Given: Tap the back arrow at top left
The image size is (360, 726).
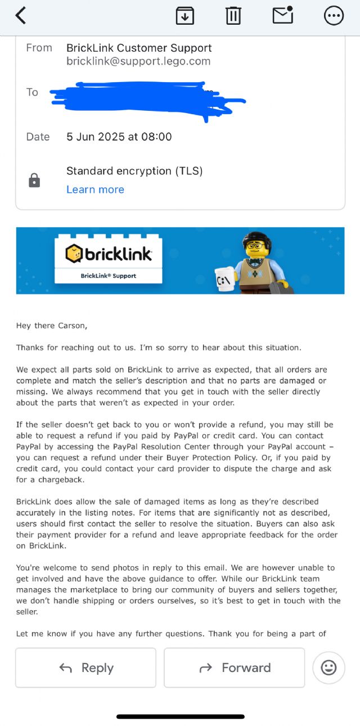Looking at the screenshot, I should pos(21,16).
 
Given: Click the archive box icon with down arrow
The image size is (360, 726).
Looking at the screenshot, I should pos(184,16).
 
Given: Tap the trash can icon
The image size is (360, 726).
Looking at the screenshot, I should pos(233,16).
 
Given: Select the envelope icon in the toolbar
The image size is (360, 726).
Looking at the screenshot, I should pos(282,15).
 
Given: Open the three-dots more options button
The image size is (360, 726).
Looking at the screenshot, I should pos(334,16).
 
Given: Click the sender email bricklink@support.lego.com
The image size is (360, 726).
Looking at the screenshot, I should pos(138,61).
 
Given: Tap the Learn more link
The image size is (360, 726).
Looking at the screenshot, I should pos(95,190).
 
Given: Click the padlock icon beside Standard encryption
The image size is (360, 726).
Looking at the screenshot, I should pos(34,181).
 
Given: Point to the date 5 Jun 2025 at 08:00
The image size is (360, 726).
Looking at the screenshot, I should pos(119,137).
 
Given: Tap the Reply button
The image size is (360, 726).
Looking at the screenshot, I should pos(85,668).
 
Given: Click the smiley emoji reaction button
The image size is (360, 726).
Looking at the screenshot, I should pos(328,668).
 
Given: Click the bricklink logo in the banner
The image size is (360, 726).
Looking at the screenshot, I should pos(109,254).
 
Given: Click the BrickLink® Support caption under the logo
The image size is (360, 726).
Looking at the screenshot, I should pos(109,276).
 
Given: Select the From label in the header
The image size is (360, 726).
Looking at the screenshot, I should pos(39,48).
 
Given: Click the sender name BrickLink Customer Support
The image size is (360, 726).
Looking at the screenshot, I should pos(139,48).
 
